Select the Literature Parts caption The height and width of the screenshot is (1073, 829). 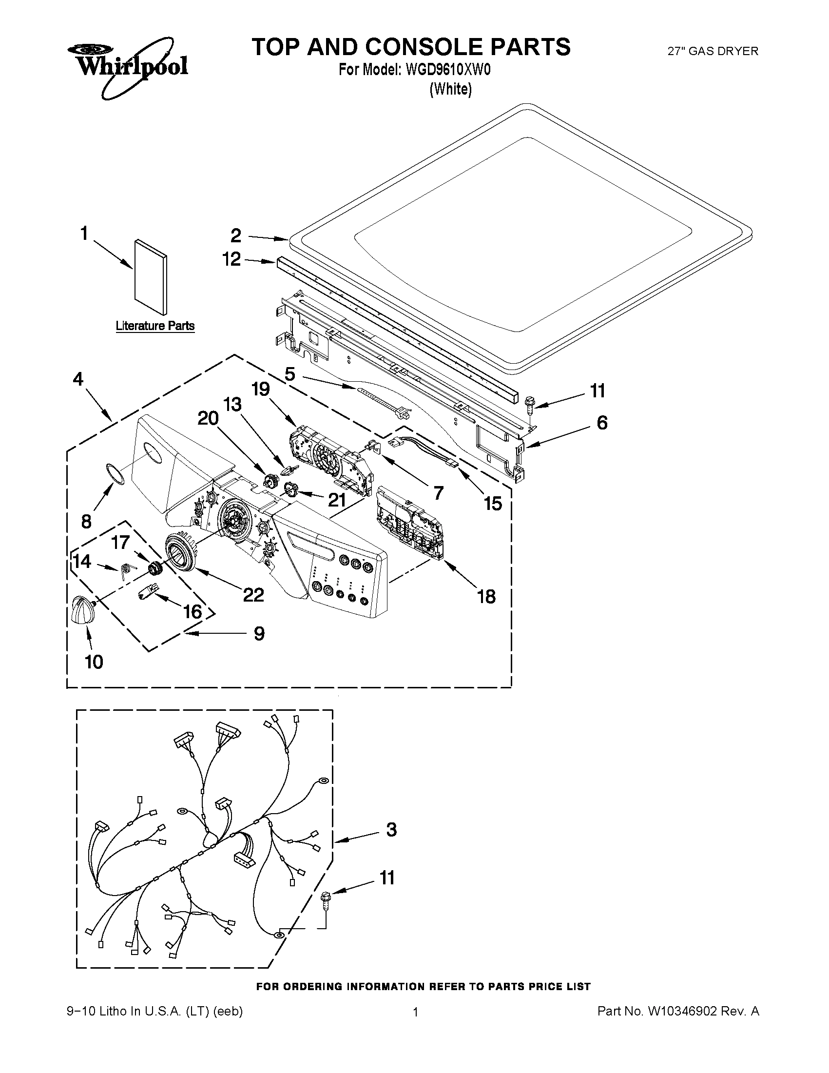click(154, 326)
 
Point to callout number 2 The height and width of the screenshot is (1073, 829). click(236, 236)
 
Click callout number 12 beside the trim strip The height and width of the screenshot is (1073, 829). click(232, 259)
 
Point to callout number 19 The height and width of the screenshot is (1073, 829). click(260, 389)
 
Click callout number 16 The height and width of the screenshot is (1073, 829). click(193, 611)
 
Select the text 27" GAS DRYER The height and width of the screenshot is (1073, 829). click(713, 51)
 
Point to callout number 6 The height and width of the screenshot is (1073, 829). click(601, 423)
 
